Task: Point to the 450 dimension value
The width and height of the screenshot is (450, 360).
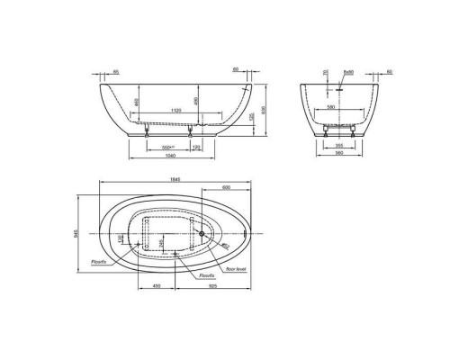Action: coord(156,285)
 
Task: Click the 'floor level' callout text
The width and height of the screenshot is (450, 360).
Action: coord(236,268)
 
